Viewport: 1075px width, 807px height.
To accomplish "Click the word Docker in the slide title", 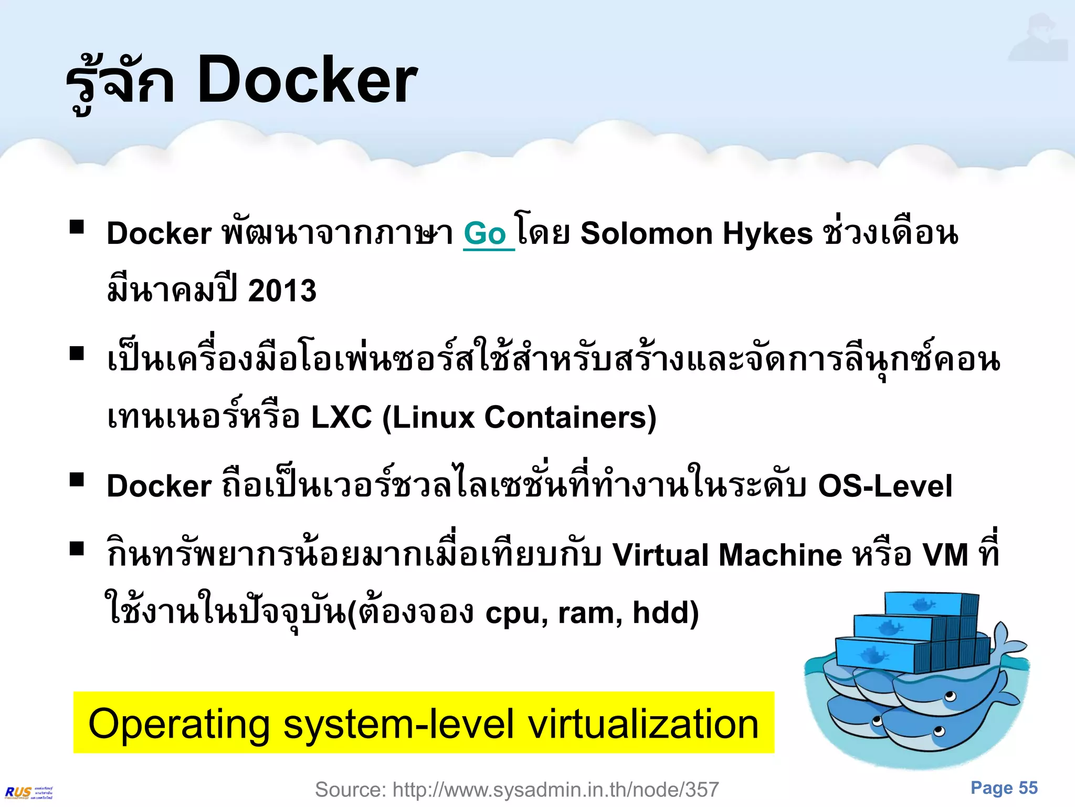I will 307,80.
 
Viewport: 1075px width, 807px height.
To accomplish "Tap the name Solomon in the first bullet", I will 646,233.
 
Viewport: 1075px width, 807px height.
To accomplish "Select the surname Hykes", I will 767,234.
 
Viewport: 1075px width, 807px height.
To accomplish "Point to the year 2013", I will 282,291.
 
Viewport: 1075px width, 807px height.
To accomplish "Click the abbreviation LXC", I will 341,418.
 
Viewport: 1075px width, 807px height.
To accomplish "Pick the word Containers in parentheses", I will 566,418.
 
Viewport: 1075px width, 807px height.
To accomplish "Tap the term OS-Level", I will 885,485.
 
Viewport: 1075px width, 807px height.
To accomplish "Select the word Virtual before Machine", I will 661,555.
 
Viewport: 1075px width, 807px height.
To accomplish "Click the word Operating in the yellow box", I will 178,725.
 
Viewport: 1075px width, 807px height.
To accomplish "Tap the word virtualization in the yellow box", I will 643,723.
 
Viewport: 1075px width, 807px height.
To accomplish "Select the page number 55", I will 1028,788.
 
